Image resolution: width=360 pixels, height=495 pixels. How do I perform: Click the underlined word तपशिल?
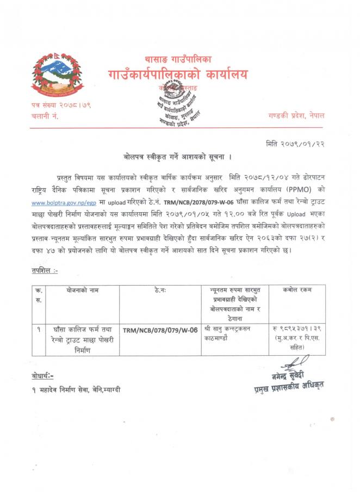44,270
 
